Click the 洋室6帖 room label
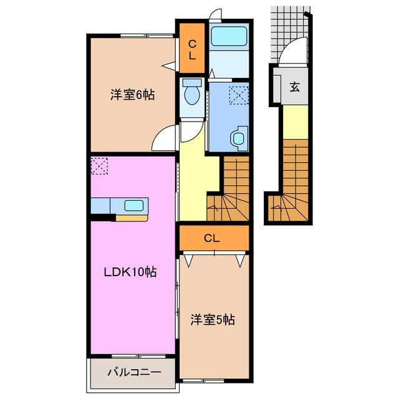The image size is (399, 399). (x=132, y=95)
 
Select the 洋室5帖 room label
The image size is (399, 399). (x=212, y=320)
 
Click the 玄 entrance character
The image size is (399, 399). (x=294, y=86)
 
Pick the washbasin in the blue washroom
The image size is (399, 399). (x=237, y=137)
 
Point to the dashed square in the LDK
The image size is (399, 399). (x=100, y=166)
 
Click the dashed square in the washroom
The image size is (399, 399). (x=238, y=95)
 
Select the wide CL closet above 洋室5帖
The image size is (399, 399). (x=213, y=238)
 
